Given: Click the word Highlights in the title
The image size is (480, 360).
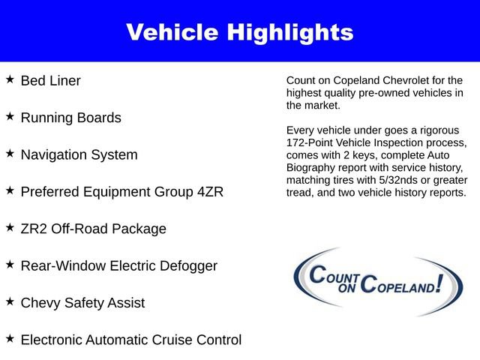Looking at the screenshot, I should pos(292,32).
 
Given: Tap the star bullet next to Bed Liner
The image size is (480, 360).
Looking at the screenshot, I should pos(10,79).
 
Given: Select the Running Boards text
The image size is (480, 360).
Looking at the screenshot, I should pos(70,118).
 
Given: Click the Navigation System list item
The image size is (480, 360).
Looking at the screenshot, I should pos(79,155).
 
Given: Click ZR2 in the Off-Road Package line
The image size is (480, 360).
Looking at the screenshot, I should pos(34,229).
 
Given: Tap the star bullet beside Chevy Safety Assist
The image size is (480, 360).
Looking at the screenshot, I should pos(10,301).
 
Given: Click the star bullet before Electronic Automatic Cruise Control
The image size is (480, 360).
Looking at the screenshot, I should pos(10,339).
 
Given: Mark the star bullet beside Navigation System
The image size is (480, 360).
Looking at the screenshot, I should pos(10,154).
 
